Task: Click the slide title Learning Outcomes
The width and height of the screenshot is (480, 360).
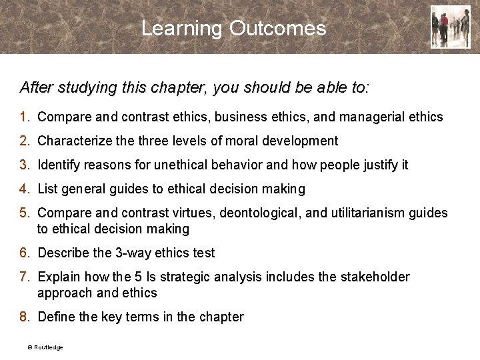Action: point(233,29)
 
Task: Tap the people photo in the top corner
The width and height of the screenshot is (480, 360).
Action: point(450,27)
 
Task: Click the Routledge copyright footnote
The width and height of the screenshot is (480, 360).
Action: point(45,347)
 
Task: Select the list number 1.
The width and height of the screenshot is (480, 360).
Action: point(24,117)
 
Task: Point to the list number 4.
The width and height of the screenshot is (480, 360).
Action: point(24,189)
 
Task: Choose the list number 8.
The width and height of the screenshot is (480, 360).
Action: point(24,317)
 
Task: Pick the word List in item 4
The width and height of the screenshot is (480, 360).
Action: point(48,189)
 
